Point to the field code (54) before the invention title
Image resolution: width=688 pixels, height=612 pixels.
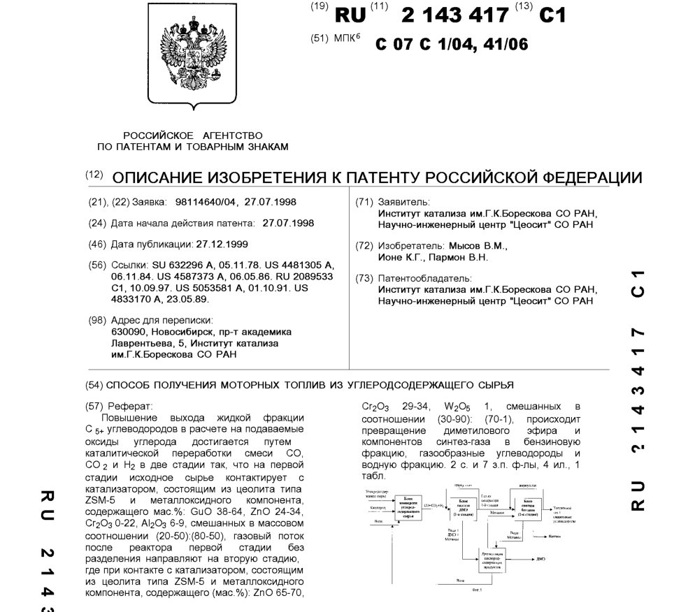94,385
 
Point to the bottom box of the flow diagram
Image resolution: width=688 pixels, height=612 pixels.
494,559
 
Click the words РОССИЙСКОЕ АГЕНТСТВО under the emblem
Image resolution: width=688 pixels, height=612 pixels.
193,135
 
